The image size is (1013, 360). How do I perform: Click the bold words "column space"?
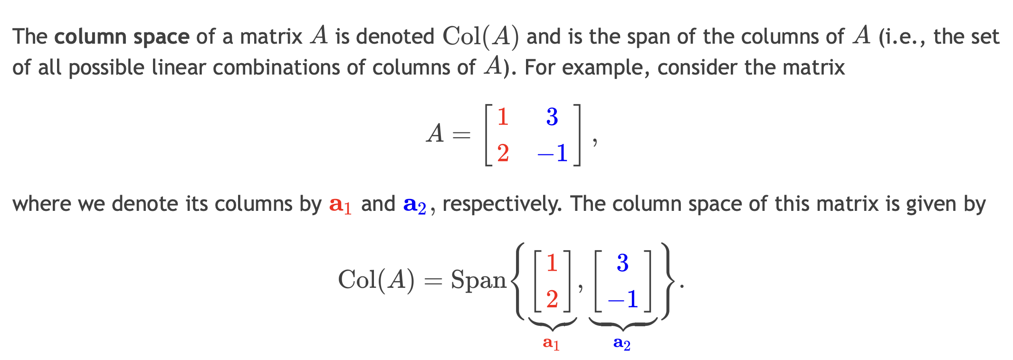pyautogui.click(x=122, y=37)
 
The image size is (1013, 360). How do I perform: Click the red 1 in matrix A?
pyautogui.click(x=503, y=116)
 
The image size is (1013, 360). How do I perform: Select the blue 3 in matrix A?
pyautogui.click(x=552, y=116)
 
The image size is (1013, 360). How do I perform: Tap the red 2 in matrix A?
pyautogui.click(x=503, y=153)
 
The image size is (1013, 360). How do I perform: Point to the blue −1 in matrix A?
pyautogui.click(x=553, y=153)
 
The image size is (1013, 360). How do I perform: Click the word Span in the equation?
pyautogui.click(x=478, y=280)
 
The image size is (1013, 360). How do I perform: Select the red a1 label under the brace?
pyautogui.click(x=551, y=343)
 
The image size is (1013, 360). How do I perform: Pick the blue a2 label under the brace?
pyautogui.click(x=622, y=343)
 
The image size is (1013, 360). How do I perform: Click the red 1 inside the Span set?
pyautogui.click(x=552, y=263)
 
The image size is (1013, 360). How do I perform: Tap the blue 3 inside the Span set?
pyautogui.click(x=622, y=263)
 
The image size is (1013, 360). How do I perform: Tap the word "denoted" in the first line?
pyautogui.click(x=395, y=37)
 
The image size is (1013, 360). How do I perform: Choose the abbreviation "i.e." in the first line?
pyautogui.click(x=902, y=37)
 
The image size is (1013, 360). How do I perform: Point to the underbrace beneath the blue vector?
pyautogui.click(x=622, y=324)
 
